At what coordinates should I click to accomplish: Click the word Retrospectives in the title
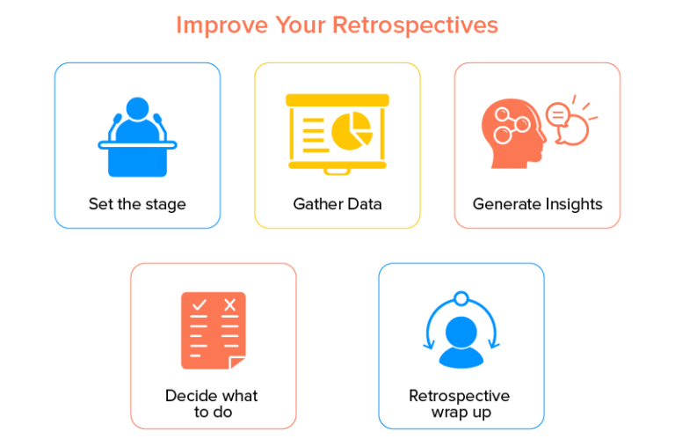pyautogui.click(x=415, y=25)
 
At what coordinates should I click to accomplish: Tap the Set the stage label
pyautogui.click(x=137, y=204)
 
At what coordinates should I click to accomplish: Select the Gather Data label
pyautogui.click(x=337, y=204)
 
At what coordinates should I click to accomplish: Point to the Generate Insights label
pyautogui.click(x=537, y=204)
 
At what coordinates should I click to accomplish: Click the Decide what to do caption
pyautogui.click(x=212, y=404)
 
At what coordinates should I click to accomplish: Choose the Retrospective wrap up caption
pyautogui.click(x=460, y=404)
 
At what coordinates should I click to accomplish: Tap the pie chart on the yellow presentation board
pyautogui.click(x=352, y=131)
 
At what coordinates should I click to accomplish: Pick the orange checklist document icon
pyautogui.click(x=214, y=330)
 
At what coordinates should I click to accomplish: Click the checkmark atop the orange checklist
pyautogui.click(x=199, y=304)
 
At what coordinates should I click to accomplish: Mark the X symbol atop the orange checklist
pyautogui.click(x=230, y=304)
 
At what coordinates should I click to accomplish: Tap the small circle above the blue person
pyautogui.click(x=460, y=298)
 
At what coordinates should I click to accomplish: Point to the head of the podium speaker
pyautogui.click(x=138, y=109)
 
